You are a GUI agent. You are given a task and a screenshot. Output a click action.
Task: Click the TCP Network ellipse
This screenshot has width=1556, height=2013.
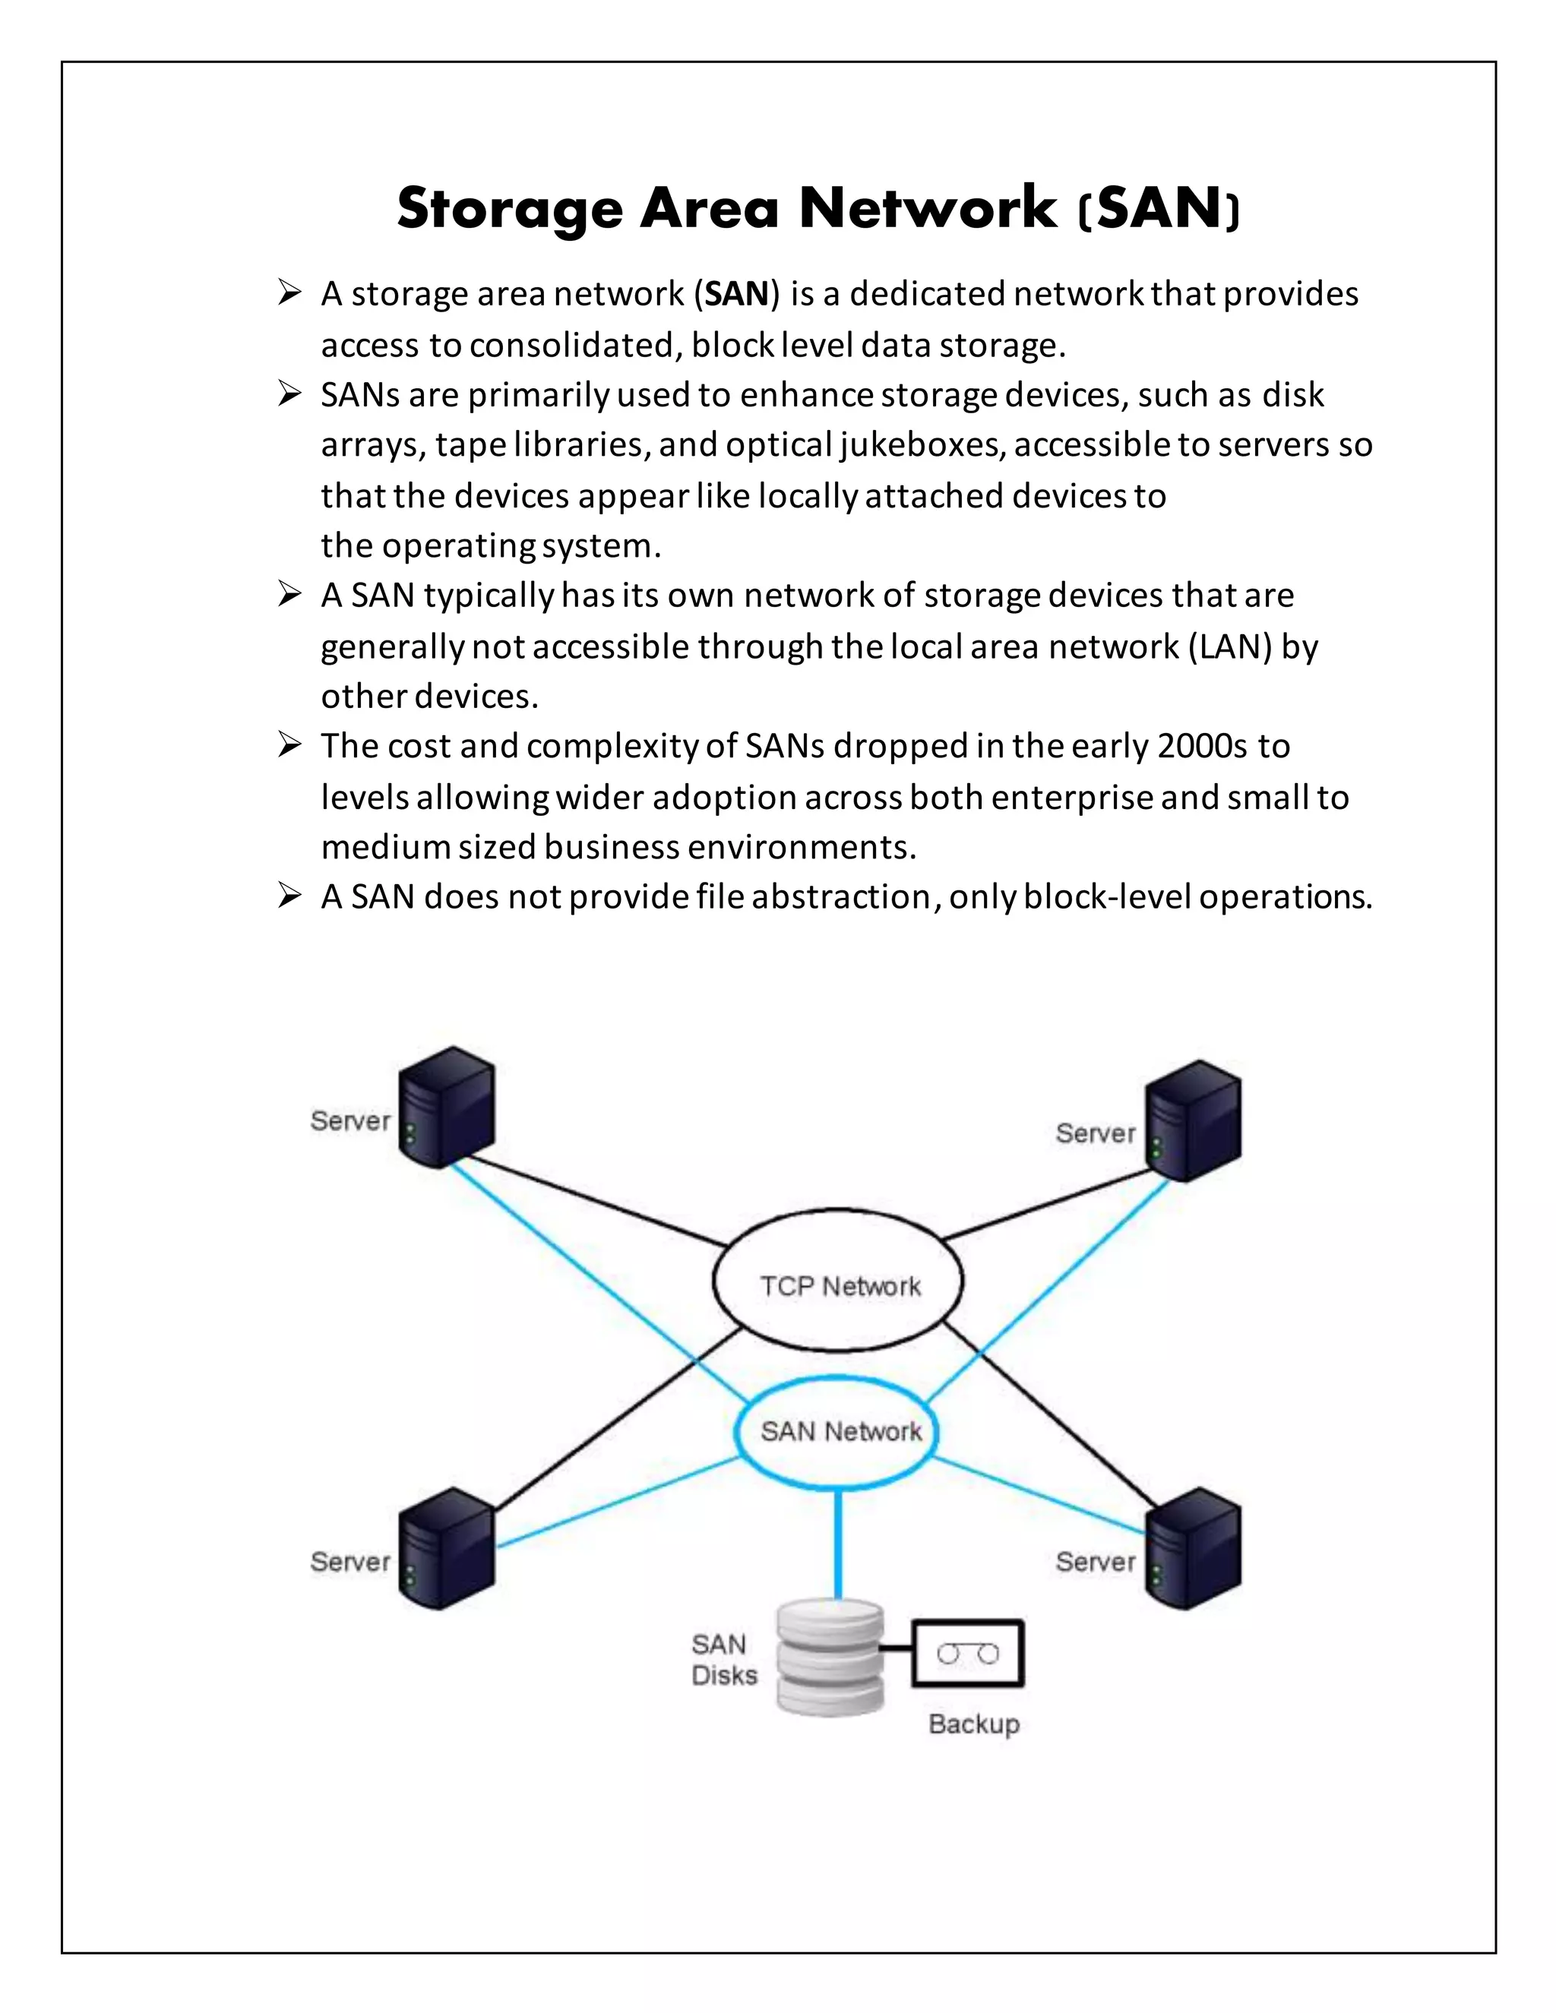tap(838, 1284)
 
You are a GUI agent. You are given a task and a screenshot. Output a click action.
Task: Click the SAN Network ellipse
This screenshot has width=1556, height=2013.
tap(837, 1430)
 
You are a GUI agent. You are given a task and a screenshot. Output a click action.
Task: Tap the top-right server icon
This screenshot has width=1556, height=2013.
tap(1193, 1120)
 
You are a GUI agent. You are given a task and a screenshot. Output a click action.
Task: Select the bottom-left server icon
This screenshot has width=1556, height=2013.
tap(447, 1547)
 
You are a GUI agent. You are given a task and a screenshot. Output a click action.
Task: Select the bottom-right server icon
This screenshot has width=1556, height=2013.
tap(1193, 1547)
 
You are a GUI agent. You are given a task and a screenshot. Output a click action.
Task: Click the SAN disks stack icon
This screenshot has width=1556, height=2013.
tap(830, 1656)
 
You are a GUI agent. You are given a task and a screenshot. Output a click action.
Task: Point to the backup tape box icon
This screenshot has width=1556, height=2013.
tap(968, 1654)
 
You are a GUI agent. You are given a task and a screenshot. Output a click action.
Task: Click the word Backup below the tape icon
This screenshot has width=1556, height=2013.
tap(973, 1724)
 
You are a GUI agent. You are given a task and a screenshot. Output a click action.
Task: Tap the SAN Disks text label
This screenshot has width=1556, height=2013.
tap(723, 1659)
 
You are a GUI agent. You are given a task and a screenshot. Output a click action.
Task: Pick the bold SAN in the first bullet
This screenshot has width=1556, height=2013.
tap(736, 294)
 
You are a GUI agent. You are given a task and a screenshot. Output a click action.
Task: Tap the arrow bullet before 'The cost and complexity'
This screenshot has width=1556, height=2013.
tap(289, 744)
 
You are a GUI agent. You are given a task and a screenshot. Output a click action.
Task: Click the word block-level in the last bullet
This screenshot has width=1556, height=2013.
tap(1106, 897)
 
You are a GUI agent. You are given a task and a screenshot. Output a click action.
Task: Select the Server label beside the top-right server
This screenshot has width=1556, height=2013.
tap(1095, 1133)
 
